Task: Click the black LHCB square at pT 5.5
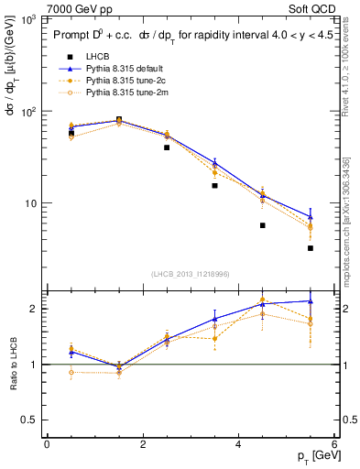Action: coord(311,248)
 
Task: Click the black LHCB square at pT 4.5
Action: coord(263,225)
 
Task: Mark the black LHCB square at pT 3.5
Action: coord(214,185)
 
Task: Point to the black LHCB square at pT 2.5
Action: coord(167,147)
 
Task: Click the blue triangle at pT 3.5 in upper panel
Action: coord(214,163)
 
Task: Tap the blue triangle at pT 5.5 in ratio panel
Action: coord(311,300)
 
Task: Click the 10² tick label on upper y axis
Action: coord(27,112)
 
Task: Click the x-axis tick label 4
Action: coord(239,444)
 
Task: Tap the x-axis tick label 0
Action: coord(47,444)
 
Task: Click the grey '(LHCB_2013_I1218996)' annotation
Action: coord(191,274)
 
